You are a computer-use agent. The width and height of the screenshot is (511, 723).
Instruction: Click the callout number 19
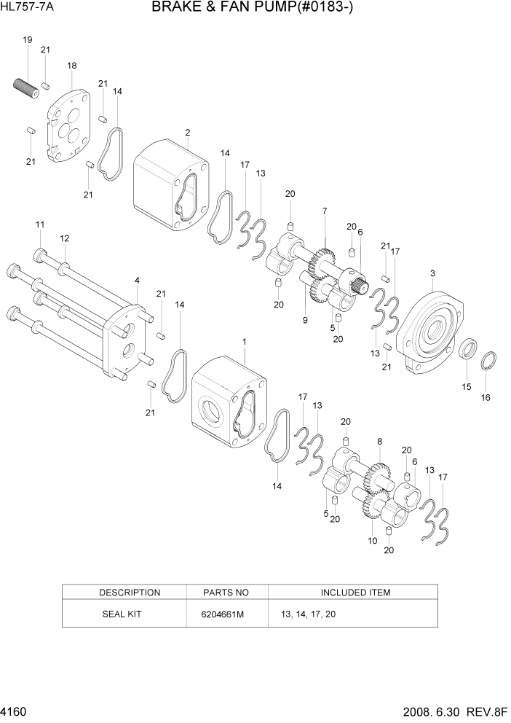coord(27,39)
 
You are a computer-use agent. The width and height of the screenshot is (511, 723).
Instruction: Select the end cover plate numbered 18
coord(68,123)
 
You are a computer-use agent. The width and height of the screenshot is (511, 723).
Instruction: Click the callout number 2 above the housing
coord(188,133)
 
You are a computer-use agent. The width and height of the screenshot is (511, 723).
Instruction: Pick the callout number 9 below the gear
coord(305,320)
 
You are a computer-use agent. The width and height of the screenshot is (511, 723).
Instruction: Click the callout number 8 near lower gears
coord(379,441)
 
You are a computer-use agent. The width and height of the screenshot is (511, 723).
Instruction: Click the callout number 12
coord(65,238)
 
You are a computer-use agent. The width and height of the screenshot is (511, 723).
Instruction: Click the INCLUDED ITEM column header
coord(355,593)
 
